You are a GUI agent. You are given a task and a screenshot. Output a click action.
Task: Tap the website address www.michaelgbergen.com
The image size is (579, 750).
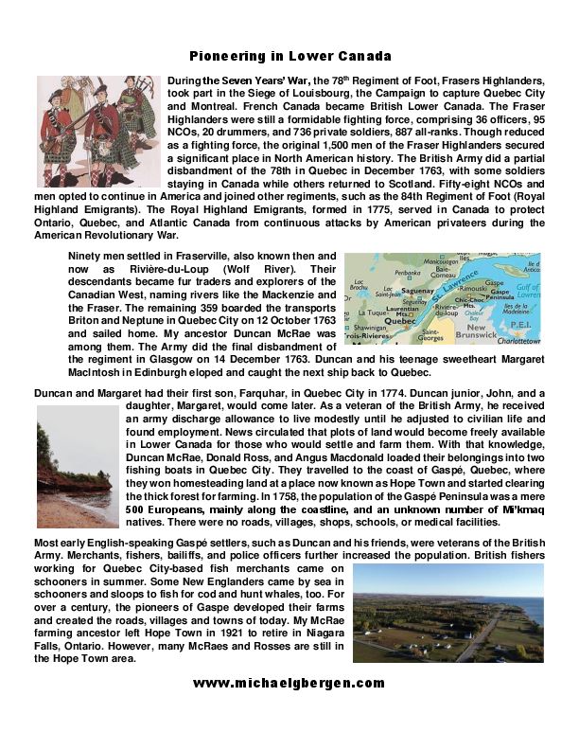click(x=289, y=683)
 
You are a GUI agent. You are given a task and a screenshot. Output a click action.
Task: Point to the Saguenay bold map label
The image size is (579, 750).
click(x=417, y=295)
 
